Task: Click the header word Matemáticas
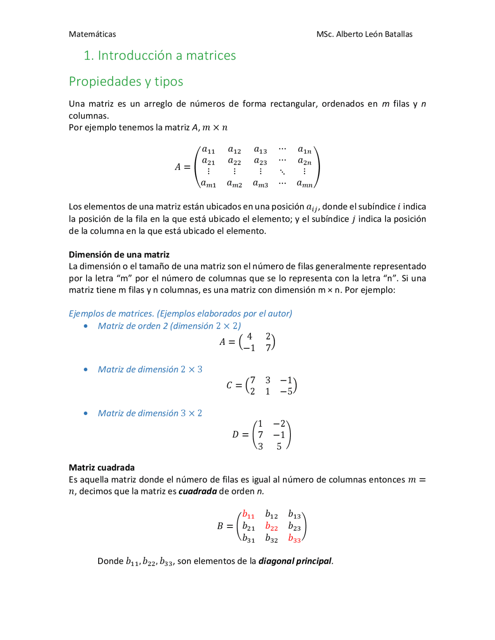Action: tap(92, 34)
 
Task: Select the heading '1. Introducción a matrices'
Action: tap(159, 56)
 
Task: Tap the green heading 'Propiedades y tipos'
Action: tap(126, 82)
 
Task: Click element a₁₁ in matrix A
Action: tap(208, 150)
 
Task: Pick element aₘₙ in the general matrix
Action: tap(305, 184)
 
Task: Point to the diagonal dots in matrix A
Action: tap(283, 172)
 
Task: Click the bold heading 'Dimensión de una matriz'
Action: tap(119, 254)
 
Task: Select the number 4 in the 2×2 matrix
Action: tap(249, 336)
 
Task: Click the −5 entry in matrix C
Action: tap(286, 391)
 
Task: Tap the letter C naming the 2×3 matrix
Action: tap(229, 385)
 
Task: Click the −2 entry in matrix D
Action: tap(279, 424)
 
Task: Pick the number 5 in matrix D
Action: tap(279, 447)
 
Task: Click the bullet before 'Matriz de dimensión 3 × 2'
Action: tap(86, 413)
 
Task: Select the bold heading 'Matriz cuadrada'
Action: tap(102, 467)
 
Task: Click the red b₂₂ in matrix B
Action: tap(271, 526)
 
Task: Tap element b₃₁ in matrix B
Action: tap(249, 538)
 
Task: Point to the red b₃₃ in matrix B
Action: tap(294, 538)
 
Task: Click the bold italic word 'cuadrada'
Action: tap(198, 491)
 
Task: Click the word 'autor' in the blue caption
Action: tap(279, 313)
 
